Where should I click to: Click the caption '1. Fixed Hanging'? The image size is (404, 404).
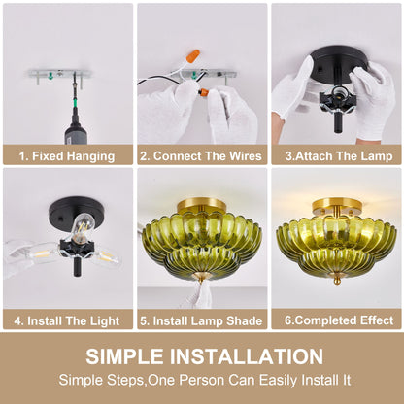67,156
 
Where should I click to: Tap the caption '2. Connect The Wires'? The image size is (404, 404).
201,156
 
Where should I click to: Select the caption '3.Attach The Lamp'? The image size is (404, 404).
339,156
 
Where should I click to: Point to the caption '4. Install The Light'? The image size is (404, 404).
67,320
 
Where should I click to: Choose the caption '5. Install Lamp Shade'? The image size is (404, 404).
201,320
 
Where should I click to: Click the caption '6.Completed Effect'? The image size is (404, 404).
339,320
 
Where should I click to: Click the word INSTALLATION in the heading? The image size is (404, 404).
247,356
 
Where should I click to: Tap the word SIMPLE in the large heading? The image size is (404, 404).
124,356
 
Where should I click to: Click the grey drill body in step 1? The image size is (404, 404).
74,134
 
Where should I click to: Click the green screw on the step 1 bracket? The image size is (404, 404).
50,77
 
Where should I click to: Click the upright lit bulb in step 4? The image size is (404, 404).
82,228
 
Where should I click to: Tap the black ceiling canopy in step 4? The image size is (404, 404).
70,212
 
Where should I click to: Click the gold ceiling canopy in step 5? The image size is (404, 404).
202,204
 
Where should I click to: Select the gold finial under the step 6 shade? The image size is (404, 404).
337,281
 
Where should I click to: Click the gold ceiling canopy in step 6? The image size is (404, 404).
337,205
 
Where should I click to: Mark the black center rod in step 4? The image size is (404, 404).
77,267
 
